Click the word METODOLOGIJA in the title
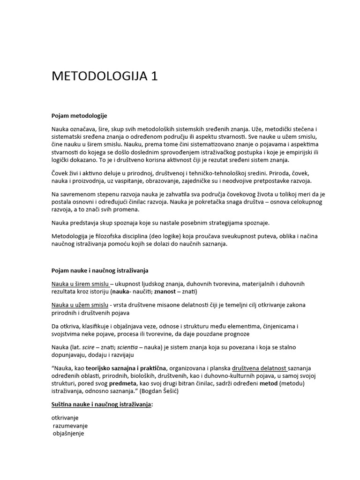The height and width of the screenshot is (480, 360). [99, 76]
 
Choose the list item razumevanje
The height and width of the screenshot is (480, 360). [70, 426]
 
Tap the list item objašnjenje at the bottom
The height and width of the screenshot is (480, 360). [69, 434]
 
